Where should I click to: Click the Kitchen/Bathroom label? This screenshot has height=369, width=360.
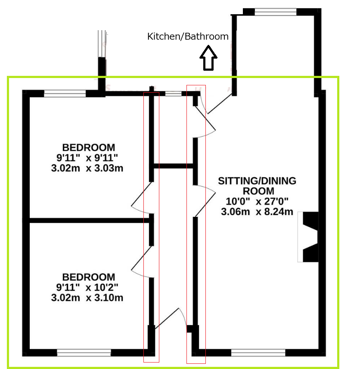click(188, 37)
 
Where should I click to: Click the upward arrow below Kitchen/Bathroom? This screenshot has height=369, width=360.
click(208, 58)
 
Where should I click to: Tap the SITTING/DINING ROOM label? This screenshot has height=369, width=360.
click(257, 186)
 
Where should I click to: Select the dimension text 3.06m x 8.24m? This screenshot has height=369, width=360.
click(257, 212)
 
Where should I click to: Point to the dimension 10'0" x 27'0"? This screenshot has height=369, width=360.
click(257, 201)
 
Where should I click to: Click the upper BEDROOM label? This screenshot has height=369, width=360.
click(89, 147)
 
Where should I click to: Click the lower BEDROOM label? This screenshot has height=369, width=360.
click(89, 277)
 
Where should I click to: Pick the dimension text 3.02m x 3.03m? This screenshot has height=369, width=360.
click(87, 168)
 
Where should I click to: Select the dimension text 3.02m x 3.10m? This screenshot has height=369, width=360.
click(87, 298)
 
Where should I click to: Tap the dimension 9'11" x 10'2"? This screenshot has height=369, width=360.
click(87, 288)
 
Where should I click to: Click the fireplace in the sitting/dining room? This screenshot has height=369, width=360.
click(308, 237)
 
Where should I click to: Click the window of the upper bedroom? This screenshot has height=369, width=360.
click(65, 94)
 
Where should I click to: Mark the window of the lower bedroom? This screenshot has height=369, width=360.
click(84, 353)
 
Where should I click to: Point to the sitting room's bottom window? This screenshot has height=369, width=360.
click(258, 353)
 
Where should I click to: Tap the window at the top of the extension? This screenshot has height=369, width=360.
click(276, 12)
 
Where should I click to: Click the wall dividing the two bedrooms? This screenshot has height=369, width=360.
click(89, 221)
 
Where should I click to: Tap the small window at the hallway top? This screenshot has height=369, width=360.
click(173, 94)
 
